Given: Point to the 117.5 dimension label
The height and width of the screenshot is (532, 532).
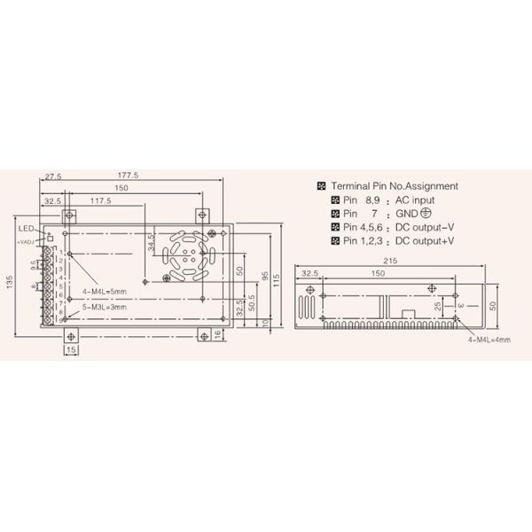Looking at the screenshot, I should point(99,201).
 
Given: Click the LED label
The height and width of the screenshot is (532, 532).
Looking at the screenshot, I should point(26,228).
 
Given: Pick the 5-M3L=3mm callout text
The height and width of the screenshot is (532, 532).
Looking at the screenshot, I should point(103,308).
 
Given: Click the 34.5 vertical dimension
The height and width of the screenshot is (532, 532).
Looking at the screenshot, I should point(152,241).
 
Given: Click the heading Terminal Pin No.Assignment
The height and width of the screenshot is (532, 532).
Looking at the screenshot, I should point(394,186).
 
